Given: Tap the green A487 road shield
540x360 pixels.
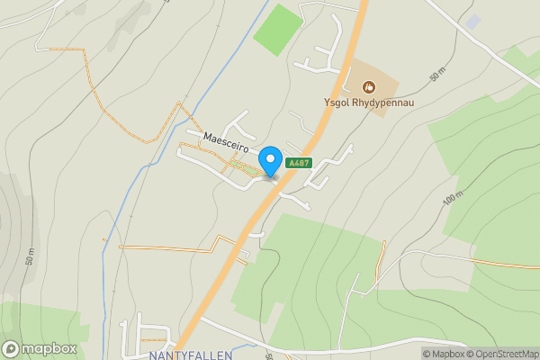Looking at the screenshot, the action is [x=298, y=163].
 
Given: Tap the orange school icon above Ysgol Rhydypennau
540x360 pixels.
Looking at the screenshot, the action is [x=368, y=87].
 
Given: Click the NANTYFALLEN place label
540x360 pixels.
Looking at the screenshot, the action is [x=190, y=355].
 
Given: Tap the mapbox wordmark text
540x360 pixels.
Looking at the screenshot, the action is [x=49, y=349].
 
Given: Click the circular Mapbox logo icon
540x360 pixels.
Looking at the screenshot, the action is [x=12, y=349].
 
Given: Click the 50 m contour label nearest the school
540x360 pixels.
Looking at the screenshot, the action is [x=438, y=74].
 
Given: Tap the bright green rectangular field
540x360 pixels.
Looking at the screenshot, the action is [x=276, y=30].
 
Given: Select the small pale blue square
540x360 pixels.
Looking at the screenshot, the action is [x=473, y=21].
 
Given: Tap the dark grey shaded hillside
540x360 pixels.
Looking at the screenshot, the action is [x=11, y=225].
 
